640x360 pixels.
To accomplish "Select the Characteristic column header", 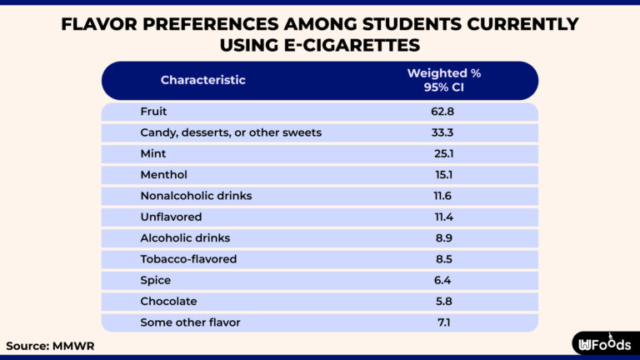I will tap(202, 80).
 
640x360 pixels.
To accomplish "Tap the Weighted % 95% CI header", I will tap(443, 80).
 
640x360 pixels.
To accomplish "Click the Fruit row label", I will tap(154, 112).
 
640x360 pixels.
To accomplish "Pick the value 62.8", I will tap(443, 112).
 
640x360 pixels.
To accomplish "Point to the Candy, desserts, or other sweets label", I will tap(231, 132).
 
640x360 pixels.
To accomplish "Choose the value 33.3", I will tap(443, 132).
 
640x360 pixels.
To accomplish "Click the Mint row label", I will tap(154, 153).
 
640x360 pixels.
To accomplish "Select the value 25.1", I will tap(443, 153).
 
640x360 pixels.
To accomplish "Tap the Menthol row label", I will tap(164, 175).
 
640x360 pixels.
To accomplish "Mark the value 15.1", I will tap(443, 175).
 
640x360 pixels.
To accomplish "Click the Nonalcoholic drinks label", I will tap(196, 196).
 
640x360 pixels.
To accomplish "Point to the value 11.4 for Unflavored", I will tap(443, 217).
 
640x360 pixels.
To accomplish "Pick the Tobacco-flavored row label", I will tap(188, 259).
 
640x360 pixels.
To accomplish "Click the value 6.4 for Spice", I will tap(443, 280).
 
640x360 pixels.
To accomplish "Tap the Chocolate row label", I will tap(168, 301).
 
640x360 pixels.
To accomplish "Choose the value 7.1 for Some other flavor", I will tap(443, 322).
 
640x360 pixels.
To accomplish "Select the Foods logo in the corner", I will tap(605, 343).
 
